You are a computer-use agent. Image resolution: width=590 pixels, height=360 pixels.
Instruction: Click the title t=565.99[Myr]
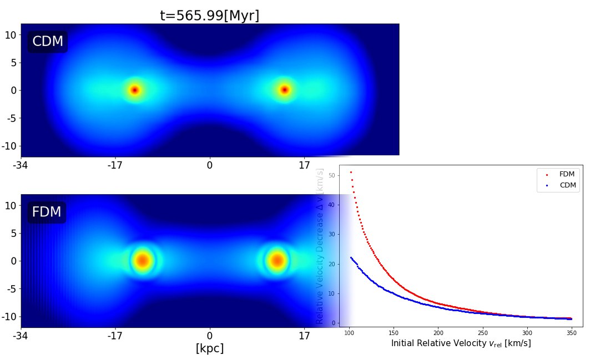[x=209, y=16]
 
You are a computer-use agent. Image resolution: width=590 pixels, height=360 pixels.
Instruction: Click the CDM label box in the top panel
[x=48, y=42]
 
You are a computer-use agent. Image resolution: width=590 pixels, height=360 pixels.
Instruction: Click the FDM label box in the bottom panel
[x=47, y=212]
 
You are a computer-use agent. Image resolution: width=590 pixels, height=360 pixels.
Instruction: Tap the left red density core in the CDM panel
[x=134, y=90]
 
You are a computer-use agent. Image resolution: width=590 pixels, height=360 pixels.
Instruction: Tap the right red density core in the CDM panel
[x=285, y=90]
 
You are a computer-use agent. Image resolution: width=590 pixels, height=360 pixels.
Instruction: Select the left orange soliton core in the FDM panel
[x=142, y=260]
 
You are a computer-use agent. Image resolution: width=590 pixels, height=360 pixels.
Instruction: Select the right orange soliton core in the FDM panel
[x=276, y=260]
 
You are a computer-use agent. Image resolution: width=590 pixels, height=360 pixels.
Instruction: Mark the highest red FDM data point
[x=351, y=173]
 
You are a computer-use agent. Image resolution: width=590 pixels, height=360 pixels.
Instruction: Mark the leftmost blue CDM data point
[x=351, y=257]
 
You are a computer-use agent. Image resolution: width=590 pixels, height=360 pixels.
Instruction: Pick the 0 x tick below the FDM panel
[x=210, y=336]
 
